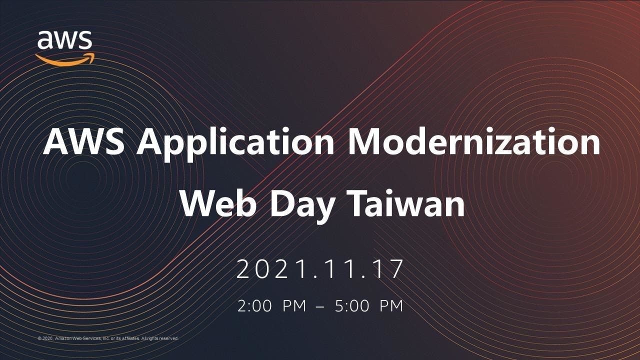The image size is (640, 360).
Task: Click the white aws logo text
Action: (64, 40)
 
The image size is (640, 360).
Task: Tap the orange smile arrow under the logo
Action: (65, 60)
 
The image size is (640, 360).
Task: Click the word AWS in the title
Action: (83, 141)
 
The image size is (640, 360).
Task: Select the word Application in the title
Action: (235, 144)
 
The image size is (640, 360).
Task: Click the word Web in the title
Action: (217, 203)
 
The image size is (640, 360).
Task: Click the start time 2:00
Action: (254, 306)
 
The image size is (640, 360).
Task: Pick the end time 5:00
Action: (352, 306)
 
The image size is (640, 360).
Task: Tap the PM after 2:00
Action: (294, 306)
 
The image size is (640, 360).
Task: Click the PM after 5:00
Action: (391, 306)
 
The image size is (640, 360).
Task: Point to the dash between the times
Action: (320, 307)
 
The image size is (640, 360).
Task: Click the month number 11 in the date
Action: (334, 269)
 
